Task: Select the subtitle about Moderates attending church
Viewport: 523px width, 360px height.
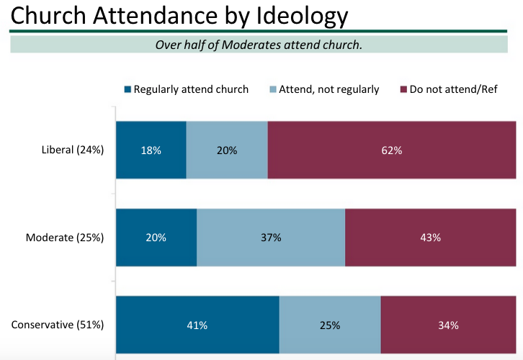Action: (259, 45)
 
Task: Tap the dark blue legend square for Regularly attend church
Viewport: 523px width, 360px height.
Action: (128, 90)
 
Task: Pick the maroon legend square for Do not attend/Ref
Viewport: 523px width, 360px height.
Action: (403, 90)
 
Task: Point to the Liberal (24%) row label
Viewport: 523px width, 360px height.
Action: (73, 150)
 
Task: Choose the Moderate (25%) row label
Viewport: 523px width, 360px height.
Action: (65, 238)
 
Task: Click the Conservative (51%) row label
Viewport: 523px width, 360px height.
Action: (58, 325)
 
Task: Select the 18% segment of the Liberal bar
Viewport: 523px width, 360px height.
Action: (151, 150)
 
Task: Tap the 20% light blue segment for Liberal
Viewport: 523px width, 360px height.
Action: (227, 150)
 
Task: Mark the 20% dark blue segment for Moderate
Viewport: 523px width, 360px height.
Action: (156, 238)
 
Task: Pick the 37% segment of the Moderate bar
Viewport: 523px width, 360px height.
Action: (271, 238)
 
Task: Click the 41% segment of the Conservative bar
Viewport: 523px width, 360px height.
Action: (197, 325)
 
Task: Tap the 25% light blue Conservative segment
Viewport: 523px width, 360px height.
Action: (329, 325)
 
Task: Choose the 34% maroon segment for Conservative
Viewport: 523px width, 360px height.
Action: (448, 325)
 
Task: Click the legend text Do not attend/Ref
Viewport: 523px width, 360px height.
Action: (453, 90)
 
